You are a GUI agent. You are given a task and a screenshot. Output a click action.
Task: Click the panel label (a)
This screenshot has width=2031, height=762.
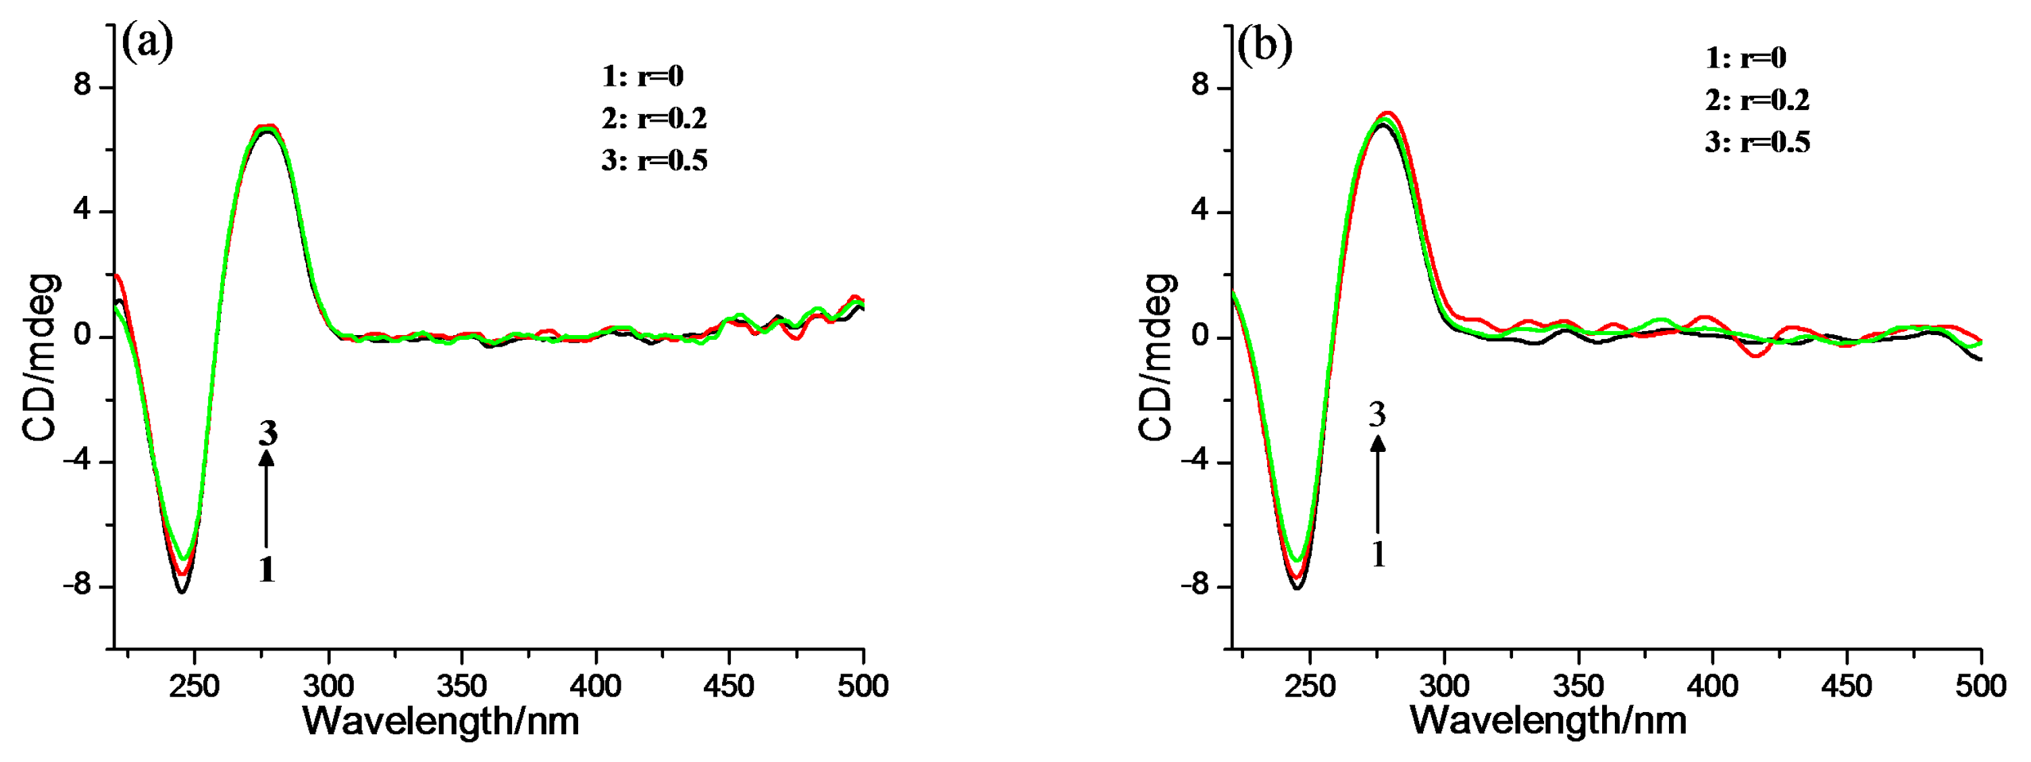tap(147, 43)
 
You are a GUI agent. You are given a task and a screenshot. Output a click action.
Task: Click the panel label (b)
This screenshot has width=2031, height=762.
tap(1264, 45)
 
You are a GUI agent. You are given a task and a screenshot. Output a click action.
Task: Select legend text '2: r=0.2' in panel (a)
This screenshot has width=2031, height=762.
tap(654, 118)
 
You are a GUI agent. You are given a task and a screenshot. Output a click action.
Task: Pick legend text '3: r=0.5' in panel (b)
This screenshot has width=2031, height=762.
tap(1757, 143)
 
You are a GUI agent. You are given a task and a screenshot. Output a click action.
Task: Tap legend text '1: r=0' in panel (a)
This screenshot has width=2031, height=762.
tap(642, 76)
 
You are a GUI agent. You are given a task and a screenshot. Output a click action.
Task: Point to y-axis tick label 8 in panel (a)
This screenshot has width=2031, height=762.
tap(83, 86)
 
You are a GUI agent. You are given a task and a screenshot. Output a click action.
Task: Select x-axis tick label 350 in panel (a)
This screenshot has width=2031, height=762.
tap(461, 686)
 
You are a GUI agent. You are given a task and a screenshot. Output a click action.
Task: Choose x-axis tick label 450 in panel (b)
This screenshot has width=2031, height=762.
tap(1847, 686)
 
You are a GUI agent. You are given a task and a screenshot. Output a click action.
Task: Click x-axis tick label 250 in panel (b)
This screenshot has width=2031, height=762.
tap(1310, 686)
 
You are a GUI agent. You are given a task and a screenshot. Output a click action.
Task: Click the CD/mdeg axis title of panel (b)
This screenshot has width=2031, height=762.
tap(1156, 357)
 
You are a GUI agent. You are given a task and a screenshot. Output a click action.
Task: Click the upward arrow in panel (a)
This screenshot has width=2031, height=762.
tap(267, 497)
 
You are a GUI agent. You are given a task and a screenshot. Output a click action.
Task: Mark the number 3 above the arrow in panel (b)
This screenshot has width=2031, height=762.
tap(1377, 414)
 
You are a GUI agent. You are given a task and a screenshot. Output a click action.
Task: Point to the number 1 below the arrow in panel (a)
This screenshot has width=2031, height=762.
tap(267, 569)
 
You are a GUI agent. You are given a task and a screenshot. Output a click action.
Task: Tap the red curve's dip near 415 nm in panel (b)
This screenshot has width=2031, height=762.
tap(1756, 357)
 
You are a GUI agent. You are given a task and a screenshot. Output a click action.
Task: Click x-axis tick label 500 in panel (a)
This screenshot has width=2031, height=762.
tap(863, 686)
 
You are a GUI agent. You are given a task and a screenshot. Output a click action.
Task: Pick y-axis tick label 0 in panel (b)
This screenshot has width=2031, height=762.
tap(1200, 337)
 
